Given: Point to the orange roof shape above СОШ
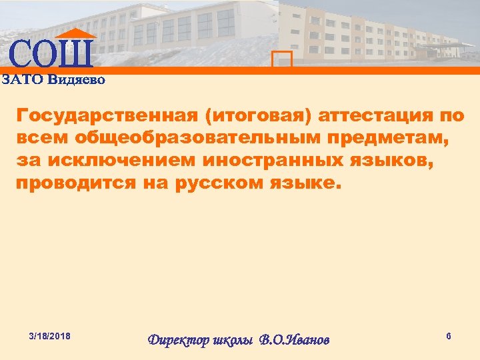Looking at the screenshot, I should tap(75, 33).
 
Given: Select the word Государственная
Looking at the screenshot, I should tap(107, 115).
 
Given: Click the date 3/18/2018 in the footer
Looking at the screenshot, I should tap(51, 333).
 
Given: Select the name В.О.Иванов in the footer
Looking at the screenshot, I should tap(293, 340).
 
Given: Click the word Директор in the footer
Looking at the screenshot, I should tap(177, 340).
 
